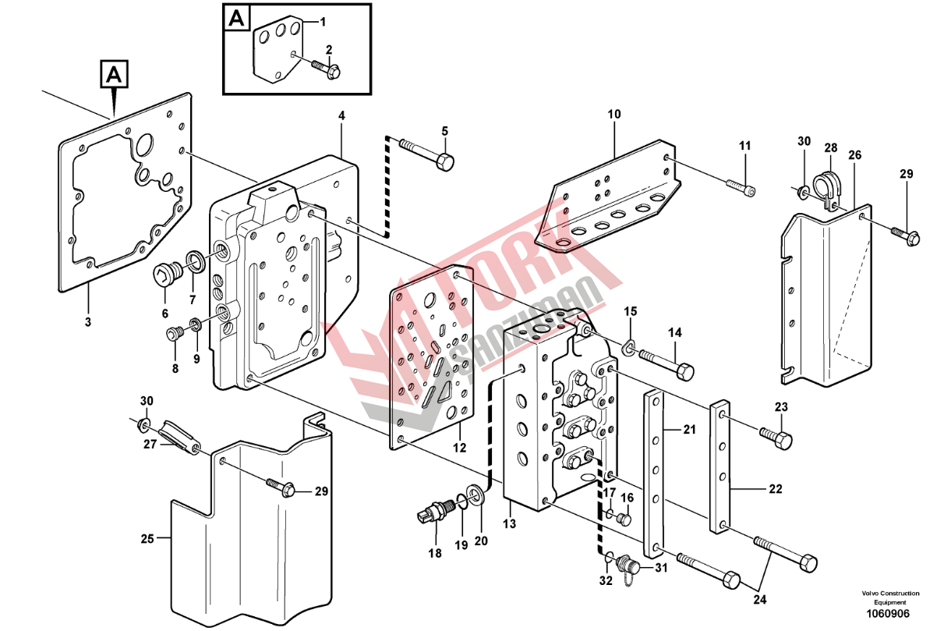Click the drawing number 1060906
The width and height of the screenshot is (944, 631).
click(x=889, y=613)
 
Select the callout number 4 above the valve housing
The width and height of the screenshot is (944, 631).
click(x=341, y=116)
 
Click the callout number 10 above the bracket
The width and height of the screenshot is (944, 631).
click(x=614, y=114)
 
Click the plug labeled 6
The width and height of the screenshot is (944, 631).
click(x=167, y=275)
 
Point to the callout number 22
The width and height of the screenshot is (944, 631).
click(x=775, y=490)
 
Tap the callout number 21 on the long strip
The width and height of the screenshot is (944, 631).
click(x=688, y=429)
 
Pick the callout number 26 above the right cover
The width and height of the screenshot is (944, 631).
click(x=855, y=156)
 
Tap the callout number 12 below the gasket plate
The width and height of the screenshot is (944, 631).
click(x=459, y=448)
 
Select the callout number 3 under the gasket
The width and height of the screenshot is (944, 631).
click(x=87, y=321)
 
